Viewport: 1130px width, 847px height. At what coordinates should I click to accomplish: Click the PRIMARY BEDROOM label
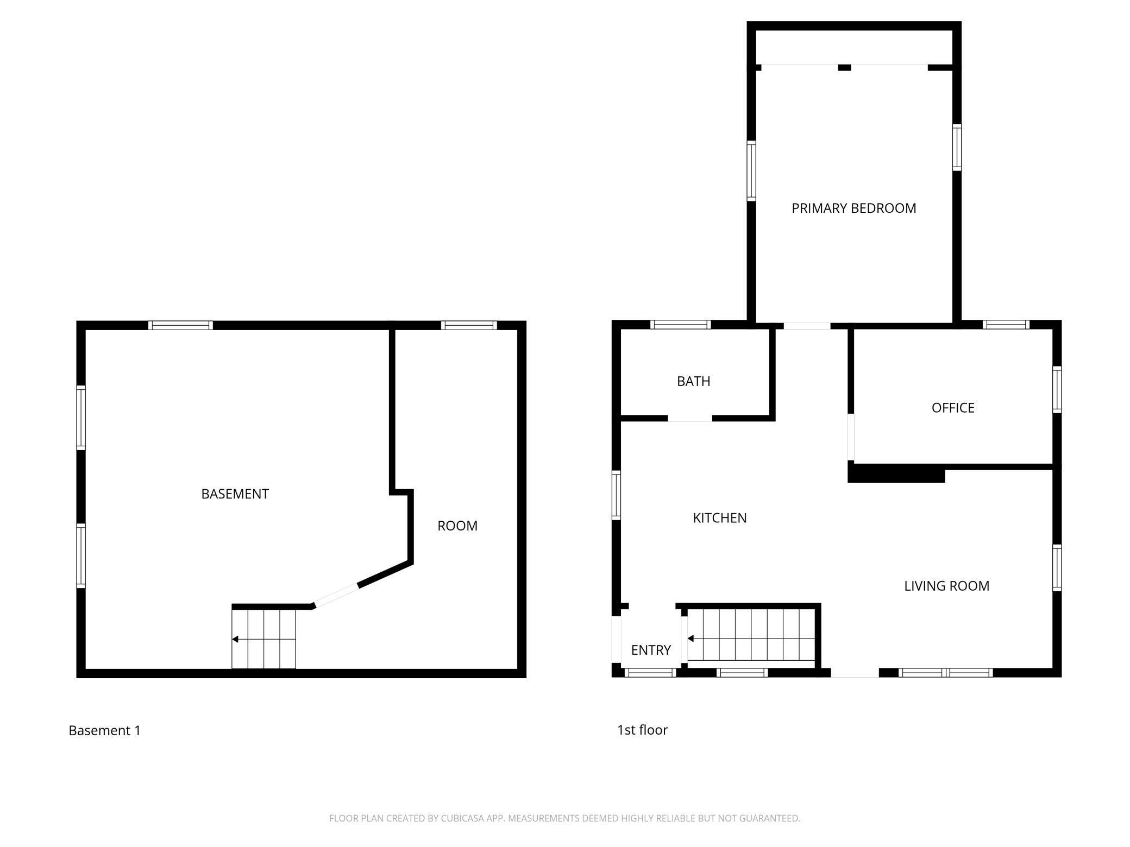click(853, 208)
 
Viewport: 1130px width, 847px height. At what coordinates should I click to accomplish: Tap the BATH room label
click(693, 381)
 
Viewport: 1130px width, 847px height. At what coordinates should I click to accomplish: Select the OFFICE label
click(953, 408)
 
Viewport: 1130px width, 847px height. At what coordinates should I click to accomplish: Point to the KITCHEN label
click(720, 518)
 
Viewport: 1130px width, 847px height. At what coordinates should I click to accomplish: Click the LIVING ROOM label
click(946, 586)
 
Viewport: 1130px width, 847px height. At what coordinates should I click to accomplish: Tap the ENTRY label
click(651, 650)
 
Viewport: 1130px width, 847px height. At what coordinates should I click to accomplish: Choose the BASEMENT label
click(235, 494)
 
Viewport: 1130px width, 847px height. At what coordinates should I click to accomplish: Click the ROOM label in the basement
click(457, 526)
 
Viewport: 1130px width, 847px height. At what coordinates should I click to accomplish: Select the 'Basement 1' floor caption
click(104, 730)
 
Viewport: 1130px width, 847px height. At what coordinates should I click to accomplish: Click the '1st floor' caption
click(642, 730)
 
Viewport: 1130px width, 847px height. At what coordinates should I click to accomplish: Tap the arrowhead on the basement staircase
click(235, 639)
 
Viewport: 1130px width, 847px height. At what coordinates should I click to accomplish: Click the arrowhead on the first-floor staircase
click(690, 638)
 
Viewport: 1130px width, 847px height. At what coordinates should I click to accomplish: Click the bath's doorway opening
click(690, 418)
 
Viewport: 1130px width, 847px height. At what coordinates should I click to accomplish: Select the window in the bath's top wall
click(681, 325)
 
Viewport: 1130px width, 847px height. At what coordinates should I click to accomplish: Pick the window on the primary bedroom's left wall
click(751, 170)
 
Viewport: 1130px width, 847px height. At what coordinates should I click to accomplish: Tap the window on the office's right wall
click(1057, 390)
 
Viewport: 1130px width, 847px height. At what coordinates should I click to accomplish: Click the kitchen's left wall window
click(616, 495)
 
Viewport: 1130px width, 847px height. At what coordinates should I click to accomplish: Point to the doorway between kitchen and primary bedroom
click(807, 326)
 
